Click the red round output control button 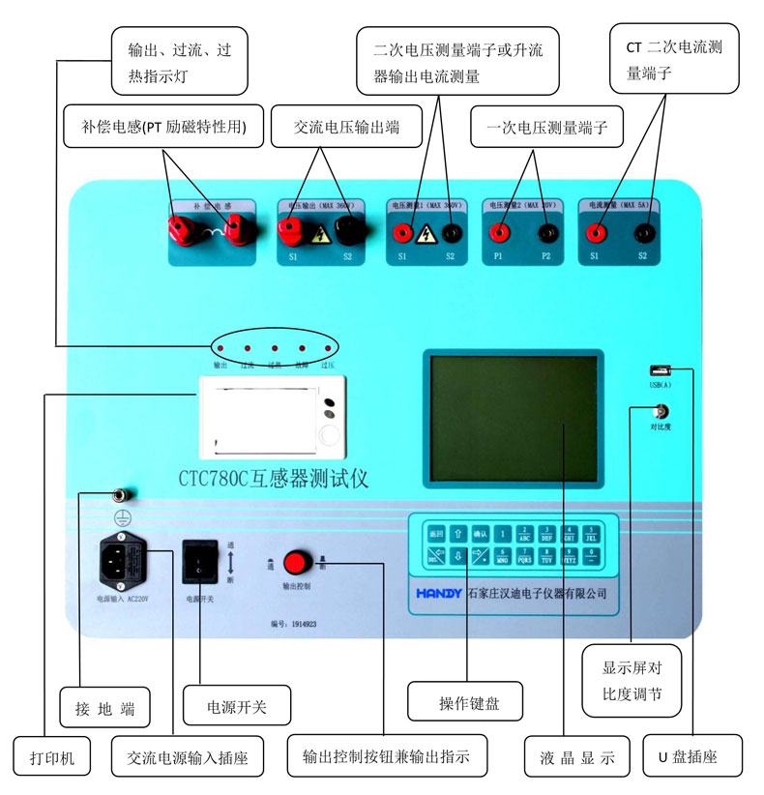296,562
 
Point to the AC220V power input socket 123,562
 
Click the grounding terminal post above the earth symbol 124,494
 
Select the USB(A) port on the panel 661,368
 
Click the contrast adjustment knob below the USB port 661,411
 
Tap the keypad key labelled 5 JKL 590,534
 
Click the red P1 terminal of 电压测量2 499,232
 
